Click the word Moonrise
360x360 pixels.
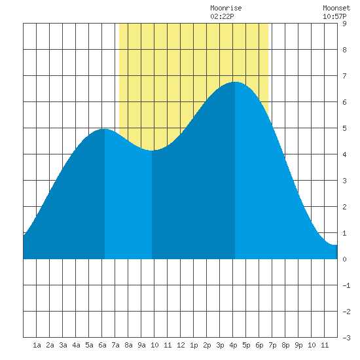(x=226, y=8)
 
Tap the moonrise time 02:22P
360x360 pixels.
(x=222, y=16)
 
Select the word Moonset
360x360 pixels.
(x=336, y=8)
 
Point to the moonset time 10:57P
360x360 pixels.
(x=334, y=16)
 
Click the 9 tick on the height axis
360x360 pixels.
(x=344, y=24)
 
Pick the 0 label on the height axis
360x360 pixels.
(x=344, y=259)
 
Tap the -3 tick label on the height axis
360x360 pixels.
(x=346, y=338)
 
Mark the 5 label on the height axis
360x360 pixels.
(x=344, y=128)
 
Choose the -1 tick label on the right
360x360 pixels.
(x=346, y=285)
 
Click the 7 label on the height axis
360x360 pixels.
(x=344, y=76)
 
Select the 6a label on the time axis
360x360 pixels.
(x=102, y=345)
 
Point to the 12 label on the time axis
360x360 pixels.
(x=181, y=345)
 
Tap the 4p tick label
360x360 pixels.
(x=233, y=345)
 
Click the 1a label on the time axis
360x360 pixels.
(x=37, y=345)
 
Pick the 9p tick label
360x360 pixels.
(x=298, y=345)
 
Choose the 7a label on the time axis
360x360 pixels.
(x=115, y=345)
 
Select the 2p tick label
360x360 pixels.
(x=207, y=345)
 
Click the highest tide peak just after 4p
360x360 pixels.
(x=235, y=82)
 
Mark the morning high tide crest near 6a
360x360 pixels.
(x=105, y=129)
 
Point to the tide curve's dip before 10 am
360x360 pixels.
(x=152, y=151)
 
